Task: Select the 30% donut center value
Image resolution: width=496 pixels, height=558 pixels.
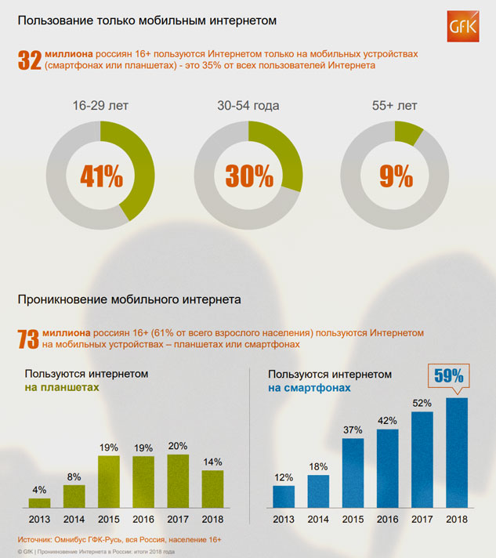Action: [249, 177]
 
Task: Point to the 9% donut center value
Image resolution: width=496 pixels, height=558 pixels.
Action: [396, 177]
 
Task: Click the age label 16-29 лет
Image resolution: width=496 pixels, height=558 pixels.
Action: [101, 106]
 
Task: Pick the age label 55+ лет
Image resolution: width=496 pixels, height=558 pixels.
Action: [396, 106]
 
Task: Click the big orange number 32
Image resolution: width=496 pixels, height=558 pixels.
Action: [29, 60]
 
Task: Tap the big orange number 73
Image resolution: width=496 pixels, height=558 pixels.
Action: [29, 339]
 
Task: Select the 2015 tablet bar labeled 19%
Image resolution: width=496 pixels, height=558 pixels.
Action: [108, 482]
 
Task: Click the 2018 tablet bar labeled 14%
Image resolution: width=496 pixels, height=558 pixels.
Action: [212, 489]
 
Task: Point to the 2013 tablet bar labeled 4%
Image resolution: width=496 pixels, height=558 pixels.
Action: [39, 503]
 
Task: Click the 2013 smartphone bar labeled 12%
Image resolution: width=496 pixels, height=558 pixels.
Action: [284, 497]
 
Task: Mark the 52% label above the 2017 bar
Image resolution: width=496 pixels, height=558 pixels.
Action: [422, 403]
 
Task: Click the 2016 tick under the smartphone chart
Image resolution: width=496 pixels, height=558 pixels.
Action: [387, 518]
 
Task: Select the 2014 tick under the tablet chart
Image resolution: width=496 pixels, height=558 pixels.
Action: [74, 518]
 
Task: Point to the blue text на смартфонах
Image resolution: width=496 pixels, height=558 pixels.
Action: [310, 387]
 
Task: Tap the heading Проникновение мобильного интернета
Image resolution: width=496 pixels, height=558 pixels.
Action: [129, 299]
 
